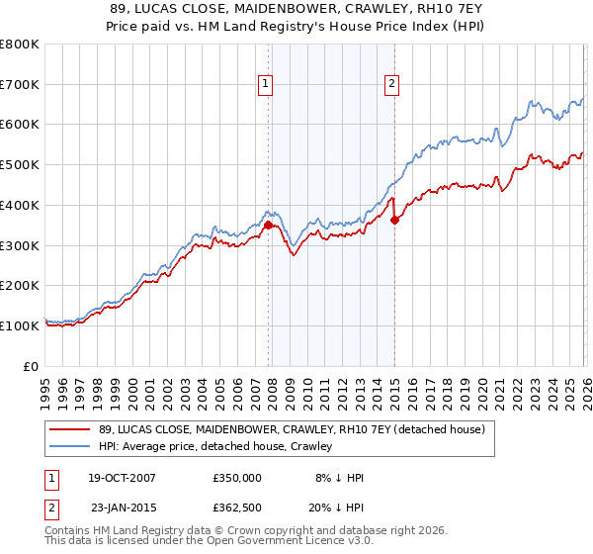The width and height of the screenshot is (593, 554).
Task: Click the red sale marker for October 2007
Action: tap(268, 225)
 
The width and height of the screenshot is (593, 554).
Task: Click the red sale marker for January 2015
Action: tap(394, 220)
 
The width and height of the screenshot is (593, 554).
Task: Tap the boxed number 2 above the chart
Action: tap(392, 85)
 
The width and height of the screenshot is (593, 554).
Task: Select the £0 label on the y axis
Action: tap(31, 366)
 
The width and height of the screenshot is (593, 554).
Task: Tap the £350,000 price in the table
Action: tap(237, 478)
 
